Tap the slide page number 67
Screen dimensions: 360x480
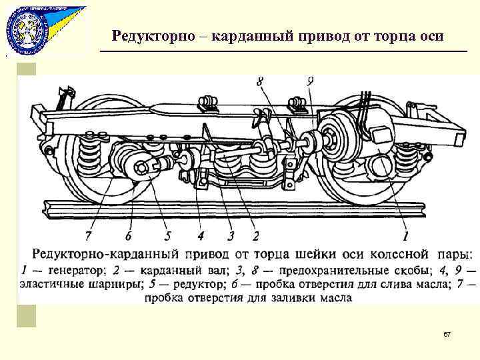[x=447, y=333]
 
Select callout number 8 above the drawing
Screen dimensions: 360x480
[x=259, y=82]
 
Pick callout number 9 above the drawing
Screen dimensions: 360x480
[x=311, y=82]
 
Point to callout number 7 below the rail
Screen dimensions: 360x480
[x=88, y=235]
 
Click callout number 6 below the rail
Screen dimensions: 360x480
[x=128, y=235]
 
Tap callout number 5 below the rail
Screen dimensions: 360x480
[x=168, y=235]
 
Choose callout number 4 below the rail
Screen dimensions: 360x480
[x=201, y=235]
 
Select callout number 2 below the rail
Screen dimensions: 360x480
[x=255, y=235]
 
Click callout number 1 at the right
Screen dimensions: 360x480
[x=405, y=235]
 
